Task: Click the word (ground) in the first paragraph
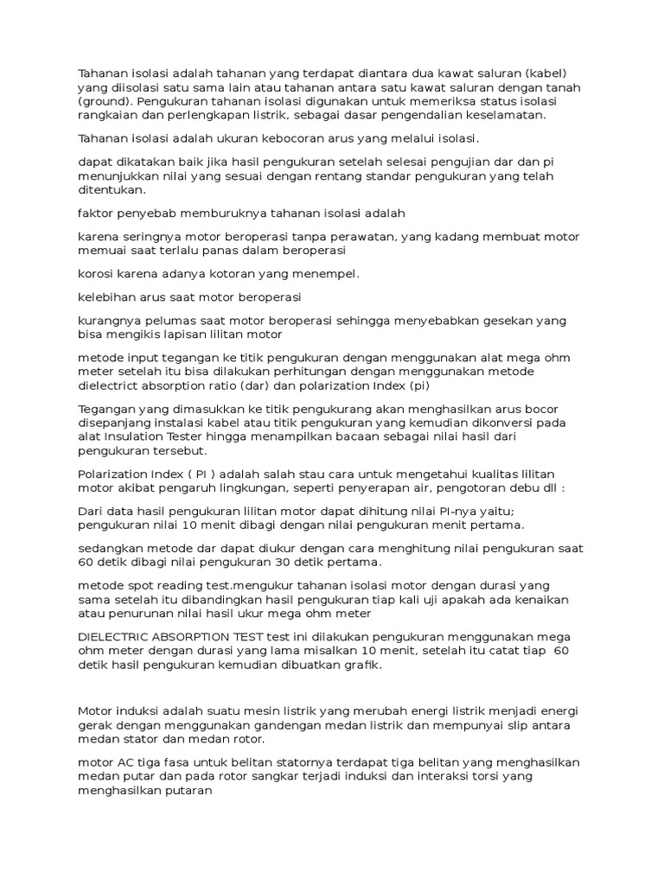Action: pyautogui.click(x=105, y=100)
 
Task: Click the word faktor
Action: pyautogui.click(x=94, y=213)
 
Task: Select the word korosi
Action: pyautogui.click(x=95, y=274)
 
